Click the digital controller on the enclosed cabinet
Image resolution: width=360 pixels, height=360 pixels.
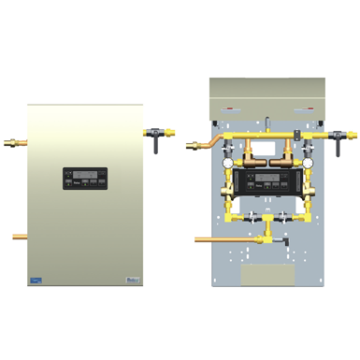click(x=85, y=178)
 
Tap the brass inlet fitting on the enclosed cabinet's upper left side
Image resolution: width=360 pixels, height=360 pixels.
click(x=21, y=143)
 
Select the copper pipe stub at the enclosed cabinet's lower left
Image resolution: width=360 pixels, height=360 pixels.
click(x=20, y=237)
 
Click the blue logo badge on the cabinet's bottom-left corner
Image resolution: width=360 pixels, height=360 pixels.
click(x=36, y=279)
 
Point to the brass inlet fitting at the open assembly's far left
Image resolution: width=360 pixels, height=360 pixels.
click(x=195, y=144)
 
